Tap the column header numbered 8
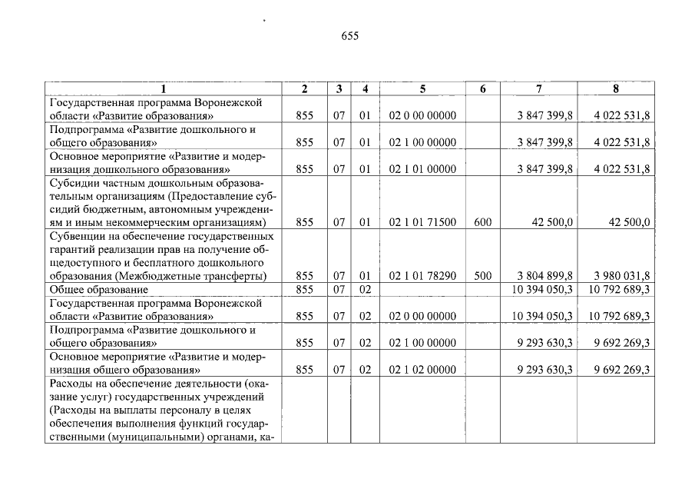tap(615, 89)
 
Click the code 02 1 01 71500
tap(422, 223)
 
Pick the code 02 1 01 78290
tap(422, 276)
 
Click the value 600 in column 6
tap(482, 223)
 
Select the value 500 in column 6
tap(482, 276)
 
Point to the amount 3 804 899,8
tap(545, 276)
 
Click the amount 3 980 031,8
tap(621, 276)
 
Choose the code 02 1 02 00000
tap(422, 370)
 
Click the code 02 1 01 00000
tap(422, 169)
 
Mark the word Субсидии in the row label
tap(71, 184)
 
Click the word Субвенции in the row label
tap(74, 237)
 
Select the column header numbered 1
tap(164, 89)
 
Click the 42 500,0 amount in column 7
tap(552, 223)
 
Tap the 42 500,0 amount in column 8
tap(629, 223)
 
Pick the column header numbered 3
tap(339, 89)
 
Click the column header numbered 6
tap(482, 89)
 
